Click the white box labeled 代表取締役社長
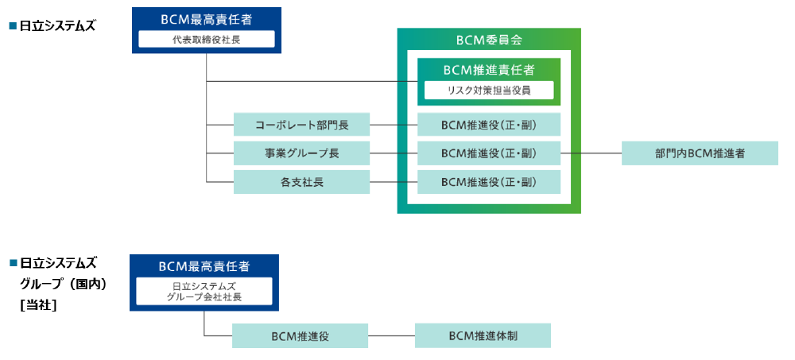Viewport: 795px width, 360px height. click(x=206, y=40)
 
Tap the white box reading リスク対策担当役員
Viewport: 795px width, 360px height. click(x=489, y=91)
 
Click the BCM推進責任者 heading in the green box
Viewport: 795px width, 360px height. click(x=489, y=70)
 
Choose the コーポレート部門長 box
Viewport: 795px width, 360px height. click(x=301, y=125)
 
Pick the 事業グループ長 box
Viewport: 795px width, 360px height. click(x=301, y=153)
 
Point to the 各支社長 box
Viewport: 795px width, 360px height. click(x=301, y=182)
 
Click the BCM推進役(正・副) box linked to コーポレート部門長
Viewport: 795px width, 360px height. click(x=489, y=125)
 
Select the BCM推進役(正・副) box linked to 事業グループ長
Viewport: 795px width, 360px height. click(x=489, y=153)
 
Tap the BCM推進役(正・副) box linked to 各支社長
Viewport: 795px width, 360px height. click(x=489, y=182)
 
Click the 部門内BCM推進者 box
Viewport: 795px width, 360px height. click(x=700, y=153)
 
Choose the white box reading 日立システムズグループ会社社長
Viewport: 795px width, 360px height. click(x=204, y=292)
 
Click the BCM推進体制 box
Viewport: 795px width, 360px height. click(x=483, y=335)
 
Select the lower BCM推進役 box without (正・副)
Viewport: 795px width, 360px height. click(x=300, y=335)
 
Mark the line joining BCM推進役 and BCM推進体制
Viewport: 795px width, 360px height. click(x=391, y=335)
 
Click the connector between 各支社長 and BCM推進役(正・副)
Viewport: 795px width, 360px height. click(x=394, y=182)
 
